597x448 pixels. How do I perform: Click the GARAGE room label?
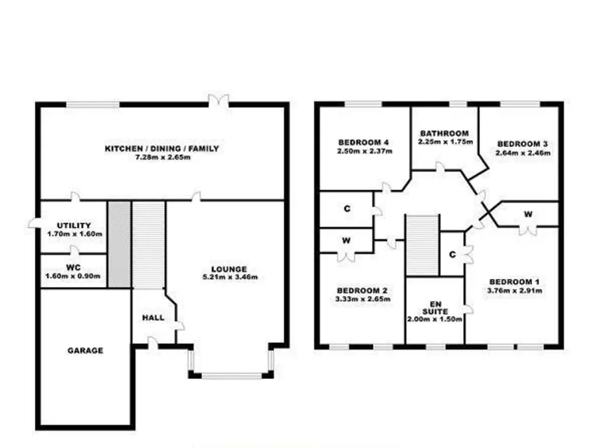[85, 351]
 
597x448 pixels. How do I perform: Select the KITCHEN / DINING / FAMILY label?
[162, 149]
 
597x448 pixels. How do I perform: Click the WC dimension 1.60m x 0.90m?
[72, 275]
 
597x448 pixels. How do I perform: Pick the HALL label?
[152, 318]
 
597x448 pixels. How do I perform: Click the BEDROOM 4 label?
[363, 142]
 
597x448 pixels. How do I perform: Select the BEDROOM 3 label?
[523, 144]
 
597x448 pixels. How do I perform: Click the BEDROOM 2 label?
[363, 290]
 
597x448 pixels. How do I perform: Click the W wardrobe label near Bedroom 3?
[528, 214]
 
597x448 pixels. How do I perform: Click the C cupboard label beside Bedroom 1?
[452, 254]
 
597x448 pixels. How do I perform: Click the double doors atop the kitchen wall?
[224, 100]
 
